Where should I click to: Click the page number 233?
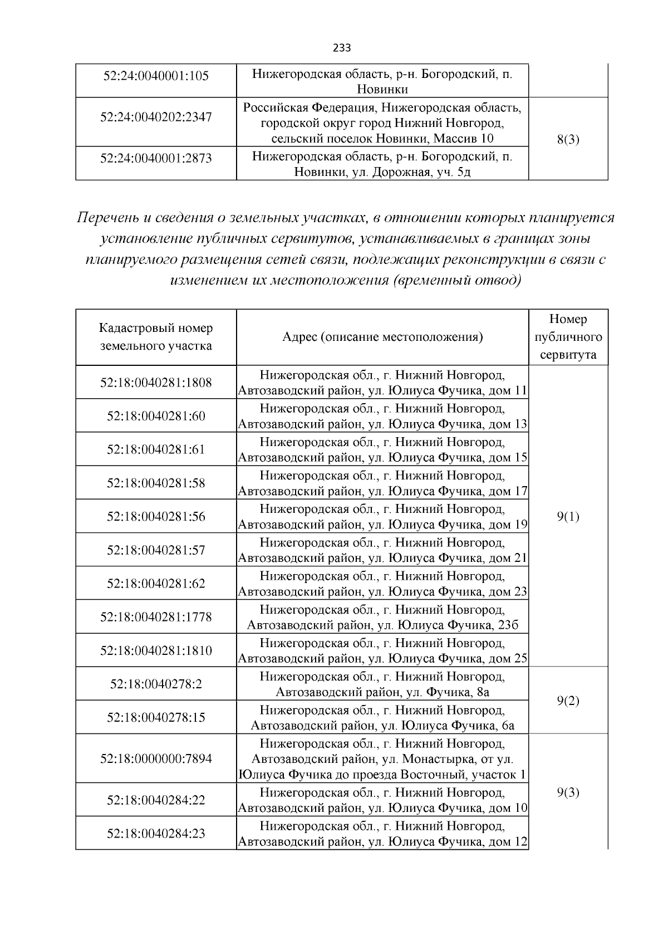point(341,48)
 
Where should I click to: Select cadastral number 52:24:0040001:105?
point(156,75)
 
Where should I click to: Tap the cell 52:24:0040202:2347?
point(156,117)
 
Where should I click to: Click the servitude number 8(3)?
point(568,140)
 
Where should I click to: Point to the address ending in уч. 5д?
point(382,164)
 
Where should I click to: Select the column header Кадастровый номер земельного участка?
point(156,337)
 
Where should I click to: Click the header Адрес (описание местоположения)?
point(382,337)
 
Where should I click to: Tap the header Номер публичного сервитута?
point(568,337)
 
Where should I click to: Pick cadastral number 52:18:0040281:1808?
point(156,383)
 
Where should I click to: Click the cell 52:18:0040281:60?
point(156,416)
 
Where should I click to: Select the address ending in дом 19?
point(382,517)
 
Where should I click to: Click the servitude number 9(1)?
point(568,517)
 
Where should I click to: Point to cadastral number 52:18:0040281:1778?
point(156,617)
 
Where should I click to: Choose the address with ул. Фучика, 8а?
point(382,684)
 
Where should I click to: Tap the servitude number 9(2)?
point(568,701)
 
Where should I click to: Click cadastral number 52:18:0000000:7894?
point(156,759)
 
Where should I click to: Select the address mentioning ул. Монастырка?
point(382,759)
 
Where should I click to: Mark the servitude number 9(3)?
point(568,792)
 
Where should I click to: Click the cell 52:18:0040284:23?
point(156,834)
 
